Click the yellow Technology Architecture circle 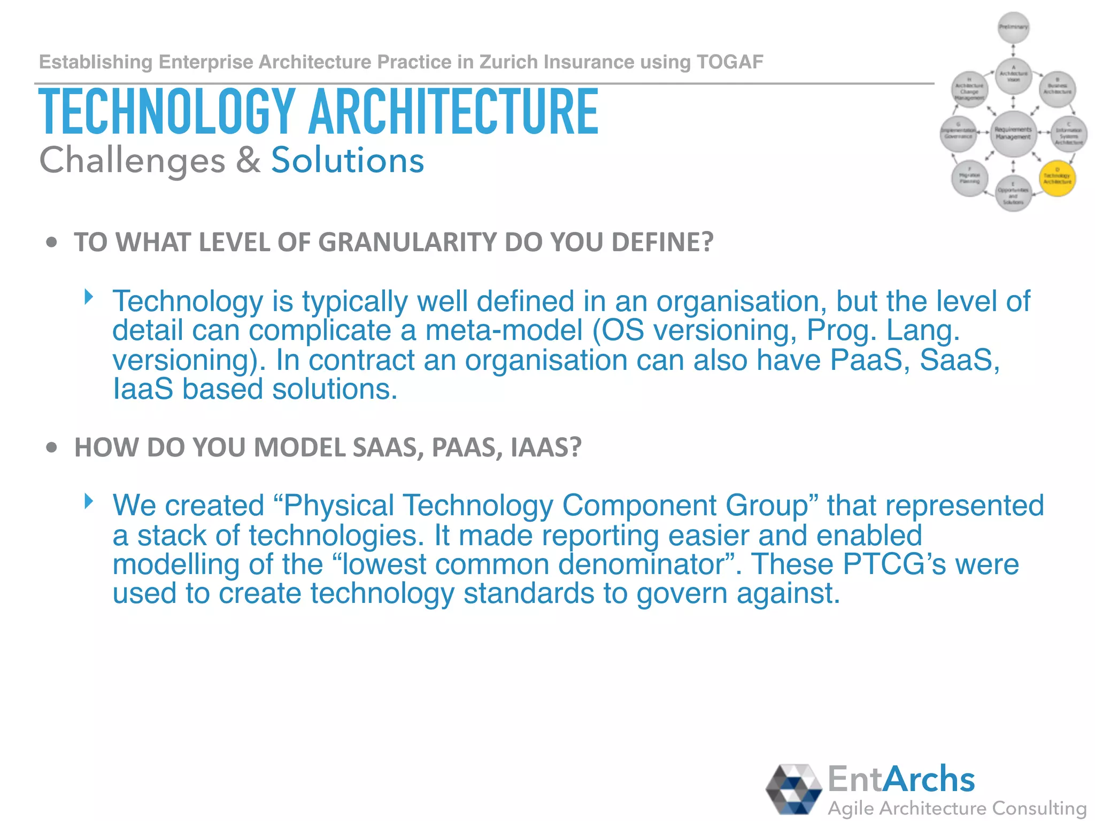pyautogui.click(x=1057, y=179)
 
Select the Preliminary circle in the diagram pyautogui.click(x=1013, y=27)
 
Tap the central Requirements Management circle pyautogui.click(x=1013, y=134)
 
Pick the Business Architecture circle pyautogui.click(x=1057, y=89)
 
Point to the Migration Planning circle pyautogui.click(x=969, y=178)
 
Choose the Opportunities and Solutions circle pyautogui.click(x=1013, y=193)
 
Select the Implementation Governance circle pyautogui.click(x=958, y=134)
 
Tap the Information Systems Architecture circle pyautogui.click(x=1069, y=134)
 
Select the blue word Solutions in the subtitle pyautogui.click(x=348, y=160)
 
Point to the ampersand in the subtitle pyautogui.click(x=248, y=160)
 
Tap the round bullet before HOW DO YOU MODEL pyautogui.click(x=51, y=447)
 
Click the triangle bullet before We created pyautogui.click(x=89, y=501)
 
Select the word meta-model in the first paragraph pyautogui.click(x=504, y=330)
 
